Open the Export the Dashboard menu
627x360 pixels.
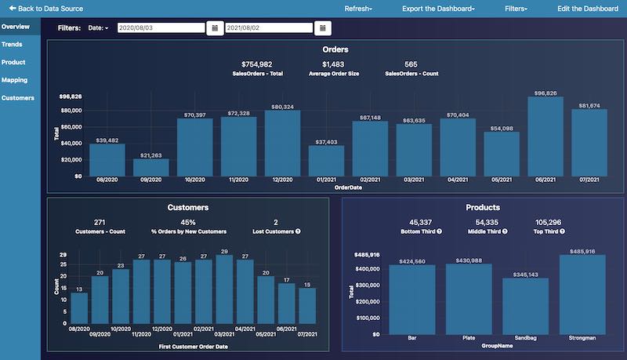(x=437, y=8)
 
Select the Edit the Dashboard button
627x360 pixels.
(x=587, y=8)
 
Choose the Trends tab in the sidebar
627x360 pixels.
(x=12, y=44)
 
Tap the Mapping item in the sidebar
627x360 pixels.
(x=14, y=80)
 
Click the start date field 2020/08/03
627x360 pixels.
(x=161, y=27)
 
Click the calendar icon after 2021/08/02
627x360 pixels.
(x=322, y=27)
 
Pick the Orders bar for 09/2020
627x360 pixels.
(x=151, y=167)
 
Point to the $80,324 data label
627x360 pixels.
(x=282, y=107)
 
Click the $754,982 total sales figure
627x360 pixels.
(x=257, y=64)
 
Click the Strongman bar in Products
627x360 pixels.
(x=582, y=295)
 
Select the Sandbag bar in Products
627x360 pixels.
(x=525, y=306)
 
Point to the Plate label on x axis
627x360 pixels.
(x=469, y=338)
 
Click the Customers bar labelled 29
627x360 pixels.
(x=224, y=291)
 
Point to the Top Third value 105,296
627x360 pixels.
(x=551, y=221)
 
